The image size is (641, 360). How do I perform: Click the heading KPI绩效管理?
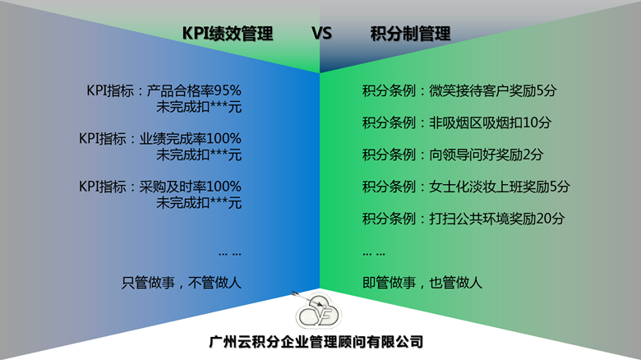228,34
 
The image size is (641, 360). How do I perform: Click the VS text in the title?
321,33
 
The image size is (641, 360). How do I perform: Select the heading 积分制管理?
410,34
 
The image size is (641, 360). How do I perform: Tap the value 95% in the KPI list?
228,90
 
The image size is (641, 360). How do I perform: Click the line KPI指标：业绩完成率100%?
160,139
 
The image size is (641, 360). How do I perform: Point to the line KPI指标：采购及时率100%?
160,187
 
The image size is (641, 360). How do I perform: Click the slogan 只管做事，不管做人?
182,283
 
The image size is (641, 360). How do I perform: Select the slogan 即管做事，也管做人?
422,283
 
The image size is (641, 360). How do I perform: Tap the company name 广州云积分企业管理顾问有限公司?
316,342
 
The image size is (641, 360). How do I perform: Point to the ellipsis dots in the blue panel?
230,254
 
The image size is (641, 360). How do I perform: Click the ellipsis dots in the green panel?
374,254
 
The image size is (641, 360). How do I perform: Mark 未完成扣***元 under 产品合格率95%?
199,107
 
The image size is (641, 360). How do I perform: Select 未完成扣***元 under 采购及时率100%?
199,202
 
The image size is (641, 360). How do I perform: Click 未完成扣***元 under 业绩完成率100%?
199,155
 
